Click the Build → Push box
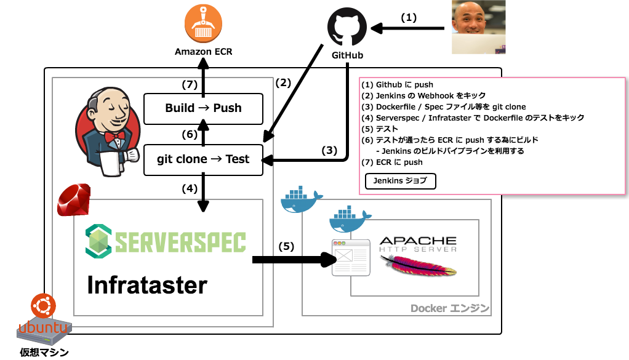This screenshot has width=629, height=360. tap(203, 108)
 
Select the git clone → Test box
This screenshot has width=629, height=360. tap(203, 159)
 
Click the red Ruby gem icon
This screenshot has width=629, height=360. tap(74, 200)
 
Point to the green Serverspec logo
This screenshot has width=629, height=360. tap(166, 241)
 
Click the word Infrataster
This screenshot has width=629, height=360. tap(147, 285)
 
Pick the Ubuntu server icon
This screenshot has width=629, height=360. tap(44, 319)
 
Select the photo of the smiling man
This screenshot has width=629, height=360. tap(479, 27)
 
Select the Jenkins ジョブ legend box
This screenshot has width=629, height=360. tap(401, 181)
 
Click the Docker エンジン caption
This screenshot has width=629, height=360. tap(450, 308)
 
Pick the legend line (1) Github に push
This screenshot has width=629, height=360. tap(398, 84)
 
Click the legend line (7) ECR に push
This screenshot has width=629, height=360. tap(392, 162)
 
